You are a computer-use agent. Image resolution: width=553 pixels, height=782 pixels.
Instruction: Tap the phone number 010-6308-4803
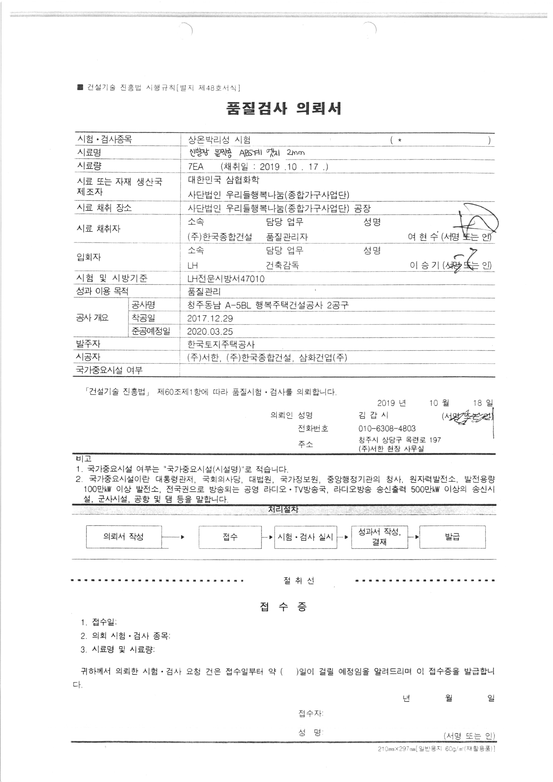click(x=387, y=428)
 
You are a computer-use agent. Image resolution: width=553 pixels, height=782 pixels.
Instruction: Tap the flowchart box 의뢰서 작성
click(x=124, y=537)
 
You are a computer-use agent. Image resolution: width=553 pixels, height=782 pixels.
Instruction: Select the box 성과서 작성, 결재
click(x=379, y=537)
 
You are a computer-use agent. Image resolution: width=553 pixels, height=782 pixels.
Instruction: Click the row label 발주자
click(x=88, y=344)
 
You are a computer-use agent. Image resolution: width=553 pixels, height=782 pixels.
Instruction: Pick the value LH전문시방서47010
click(x=226, y=279)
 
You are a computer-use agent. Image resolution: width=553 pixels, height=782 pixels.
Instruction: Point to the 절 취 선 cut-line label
click(x=299, y=581)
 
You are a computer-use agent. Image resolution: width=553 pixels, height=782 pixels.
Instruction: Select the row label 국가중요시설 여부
click(x=109, y=370)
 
